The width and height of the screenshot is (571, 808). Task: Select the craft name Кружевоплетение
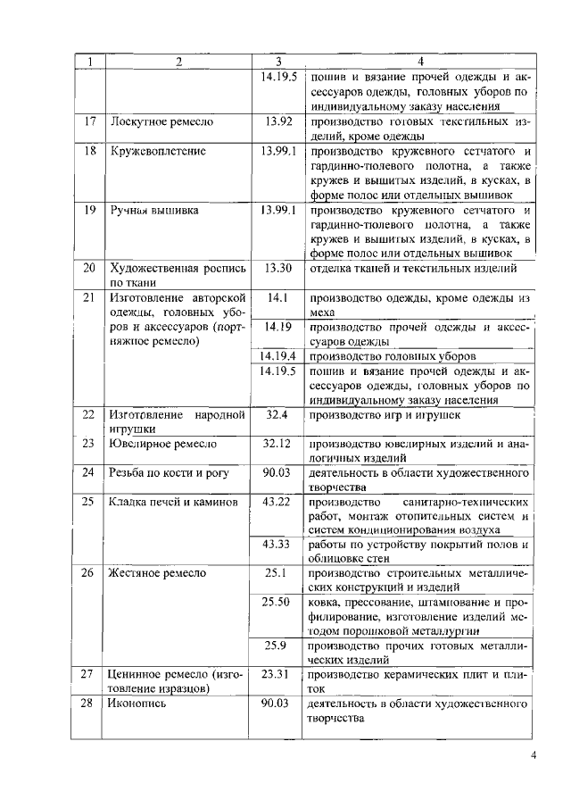158,151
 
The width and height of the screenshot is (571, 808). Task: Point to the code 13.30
279,268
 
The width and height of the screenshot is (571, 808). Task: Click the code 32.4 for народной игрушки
277,414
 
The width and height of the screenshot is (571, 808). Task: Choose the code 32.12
277,443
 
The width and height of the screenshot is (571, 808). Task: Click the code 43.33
277,544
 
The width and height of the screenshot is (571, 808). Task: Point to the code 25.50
277,603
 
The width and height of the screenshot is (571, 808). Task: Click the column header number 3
279,62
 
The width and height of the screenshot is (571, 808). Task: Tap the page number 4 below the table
533,756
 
